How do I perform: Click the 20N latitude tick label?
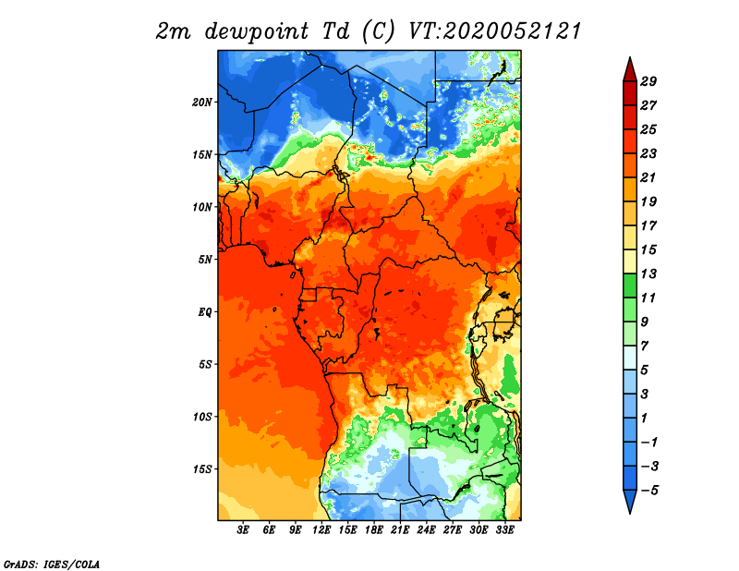click(x=202, y=103)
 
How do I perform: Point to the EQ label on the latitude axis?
click(x=205, y=312)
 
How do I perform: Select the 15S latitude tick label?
click(x=203, y=469)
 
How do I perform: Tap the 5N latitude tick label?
click(x=205, y=260)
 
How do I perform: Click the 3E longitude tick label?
click(x=243, y=530)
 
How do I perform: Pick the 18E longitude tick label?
click(x=374, y=530)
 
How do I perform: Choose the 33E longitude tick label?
click(x=504, y=530)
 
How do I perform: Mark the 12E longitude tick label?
click(x=321, y=530)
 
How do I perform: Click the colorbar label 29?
click(x=648, y=81)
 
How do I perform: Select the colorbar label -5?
click(x=649, y=491)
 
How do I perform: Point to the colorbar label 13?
click(x=648, y=273)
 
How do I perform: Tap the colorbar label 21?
click(x=648, y=177)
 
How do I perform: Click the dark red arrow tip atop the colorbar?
click(x=630, y=57)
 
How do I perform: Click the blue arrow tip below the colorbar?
click(x=630, y=513)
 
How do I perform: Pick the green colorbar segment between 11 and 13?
click(x=630, y=285)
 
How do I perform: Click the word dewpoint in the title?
click(x=256, y=31)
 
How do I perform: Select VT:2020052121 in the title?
click(x=494, y=31)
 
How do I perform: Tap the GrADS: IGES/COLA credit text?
click(x=52, y=565)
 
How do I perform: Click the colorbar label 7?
click(x=644, y=346)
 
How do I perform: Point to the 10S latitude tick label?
click(x=203, y=417)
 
